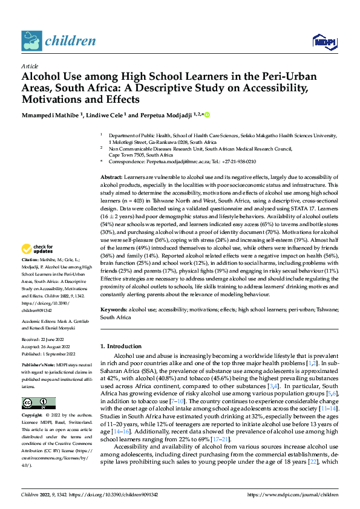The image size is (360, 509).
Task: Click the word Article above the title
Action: pyautogui.click(x=30, y=66)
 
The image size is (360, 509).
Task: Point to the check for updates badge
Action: pyautogui.click(x=39, y=250)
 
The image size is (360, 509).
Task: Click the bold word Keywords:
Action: pyautogui.click(x=114, y=309)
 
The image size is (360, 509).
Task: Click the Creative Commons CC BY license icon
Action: pyautogui.click(x=38, y=403)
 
